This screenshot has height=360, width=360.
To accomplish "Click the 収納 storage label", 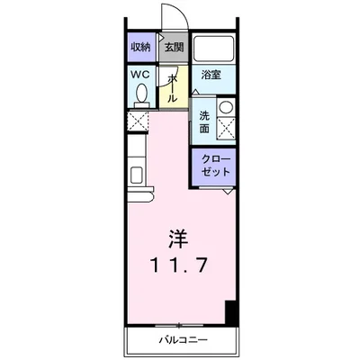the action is pos(140,48).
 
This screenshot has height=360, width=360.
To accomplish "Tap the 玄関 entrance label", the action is pos(174,48).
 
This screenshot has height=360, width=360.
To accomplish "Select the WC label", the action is pos(140,75).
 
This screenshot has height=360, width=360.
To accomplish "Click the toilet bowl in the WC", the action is pos(141,92).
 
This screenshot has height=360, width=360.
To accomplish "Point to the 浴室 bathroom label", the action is pos(211,75).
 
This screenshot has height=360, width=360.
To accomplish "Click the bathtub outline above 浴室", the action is pos(213,49).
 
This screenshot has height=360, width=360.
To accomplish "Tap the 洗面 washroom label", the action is pos(204,122).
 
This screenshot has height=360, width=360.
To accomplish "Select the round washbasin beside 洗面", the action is pos(226,107).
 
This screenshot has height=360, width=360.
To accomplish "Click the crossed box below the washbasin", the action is pos(226,128).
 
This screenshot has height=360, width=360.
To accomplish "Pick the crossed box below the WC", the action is pos(138,121).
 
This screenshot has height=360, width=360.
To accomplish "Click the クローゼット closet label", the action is pos(216,166).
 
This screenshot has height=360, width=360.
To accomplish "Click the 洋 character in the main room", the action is pos(178,238).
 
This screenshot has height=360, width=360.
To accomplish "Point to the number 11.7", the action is pos(179,265).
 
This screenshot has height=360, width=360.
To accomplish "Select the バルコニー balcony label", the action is pos(183,340).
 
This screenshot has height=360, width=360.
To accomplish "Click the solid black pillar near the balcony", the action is pos(231,312).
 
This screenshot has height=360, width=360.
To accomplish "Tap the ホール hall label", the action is pos(172,88).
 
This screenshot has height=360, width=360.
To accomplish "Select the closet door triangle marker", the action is pos(229,192).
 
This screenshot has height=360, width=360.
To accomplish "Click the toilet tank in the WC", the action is pos(141,104).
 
